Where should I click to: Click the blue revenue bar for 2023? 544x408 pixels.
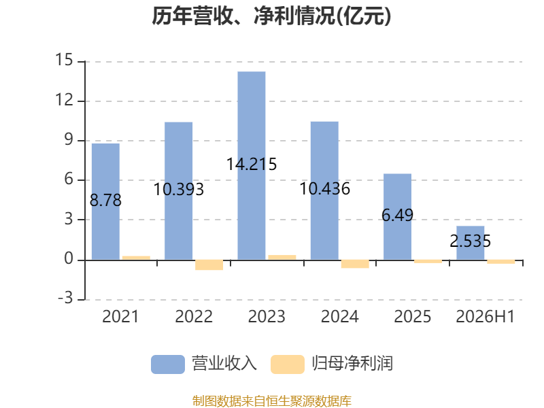(x=252, y=165)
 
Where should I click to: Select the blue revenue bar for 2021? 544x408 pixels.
(x=105, y=201)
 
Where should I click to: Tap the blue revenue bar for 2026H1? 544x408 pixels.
(x=470, y=243)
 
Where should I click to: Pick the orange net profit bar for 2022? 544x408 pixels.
(x=209, y=265)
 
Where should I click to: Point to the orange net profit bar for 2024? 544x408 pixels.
(x=355, y=264)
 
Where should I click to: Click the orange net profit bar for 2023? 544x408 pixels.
(x=282, y=258)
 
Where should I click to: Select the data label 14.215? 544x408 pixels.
(x=252, y=164)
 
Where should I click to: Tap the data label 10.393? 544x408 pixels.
(x=178, y=190)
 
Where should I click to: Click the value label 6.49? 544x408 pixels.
(x=397, y=215)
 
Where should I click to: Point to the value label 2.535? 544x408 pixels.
(x=470, y=241)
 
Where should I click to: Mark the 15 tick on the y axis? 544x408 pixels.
(x=64, y=60)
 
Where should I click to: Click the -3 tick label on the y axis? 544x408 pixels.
(x=65, y=298)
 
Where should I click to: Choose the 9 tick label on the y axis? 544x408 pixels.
(x=69, y=139)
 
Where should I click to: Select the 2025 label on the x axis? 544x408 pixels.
(x=412, y=316)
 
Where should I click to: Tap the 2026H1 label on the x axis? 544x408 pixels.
(x=485, y=316)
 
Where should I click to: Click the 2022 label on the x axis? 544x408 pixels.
(x=194, y=316)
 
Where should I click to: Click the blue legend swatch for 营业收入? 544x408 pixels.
(x=168, y=364)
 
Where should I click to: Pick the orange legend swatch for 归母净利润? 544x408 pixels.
(x=288, y=364)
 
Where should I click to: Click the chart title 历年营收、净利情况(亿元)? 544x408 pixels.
(x=271, y=16)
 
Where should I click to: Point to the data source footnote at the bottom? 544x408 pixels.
(x=271, y=401)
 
